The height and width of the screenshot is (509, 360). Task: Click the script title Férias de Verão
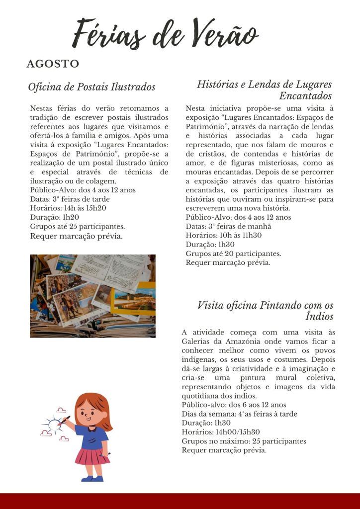(x=166, y=34)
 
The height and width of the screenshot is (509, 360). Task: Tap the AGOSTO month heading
(x=53, y=64)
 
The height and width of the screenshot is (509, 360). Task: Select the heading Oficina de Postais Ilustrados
(x=91, y=87)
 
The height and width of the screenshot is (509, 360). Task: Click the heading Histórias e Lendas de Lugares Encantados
(x=264, y=90)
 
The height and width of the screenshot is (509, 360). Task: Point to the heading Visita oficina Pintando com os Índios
(x=265, y=311)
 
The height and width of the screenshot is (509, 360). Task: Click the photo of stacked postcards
(x=92, y=296)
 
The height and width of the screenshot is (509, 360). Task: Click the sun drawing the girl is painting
(x=53, y=424)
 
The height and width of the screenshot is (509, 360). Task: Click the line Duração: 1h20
(x=55, y=217)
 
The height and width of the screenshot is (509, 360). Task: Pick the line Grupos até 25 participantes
(x=77, y=226)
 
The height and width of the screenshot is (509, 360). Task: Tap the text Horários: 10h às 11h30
(x=224, y=235)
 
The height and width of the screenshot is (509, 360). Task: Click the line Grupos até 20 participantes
(x=233, y=254)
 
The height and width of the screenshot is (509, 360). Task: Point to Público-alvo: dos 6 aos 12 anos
(x=234, y=405)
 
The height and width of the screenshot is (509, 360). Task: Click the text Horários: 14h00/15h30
(x=221, y=432)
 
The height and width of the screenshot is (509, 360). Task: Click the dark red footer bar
(x=180, y=501)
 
